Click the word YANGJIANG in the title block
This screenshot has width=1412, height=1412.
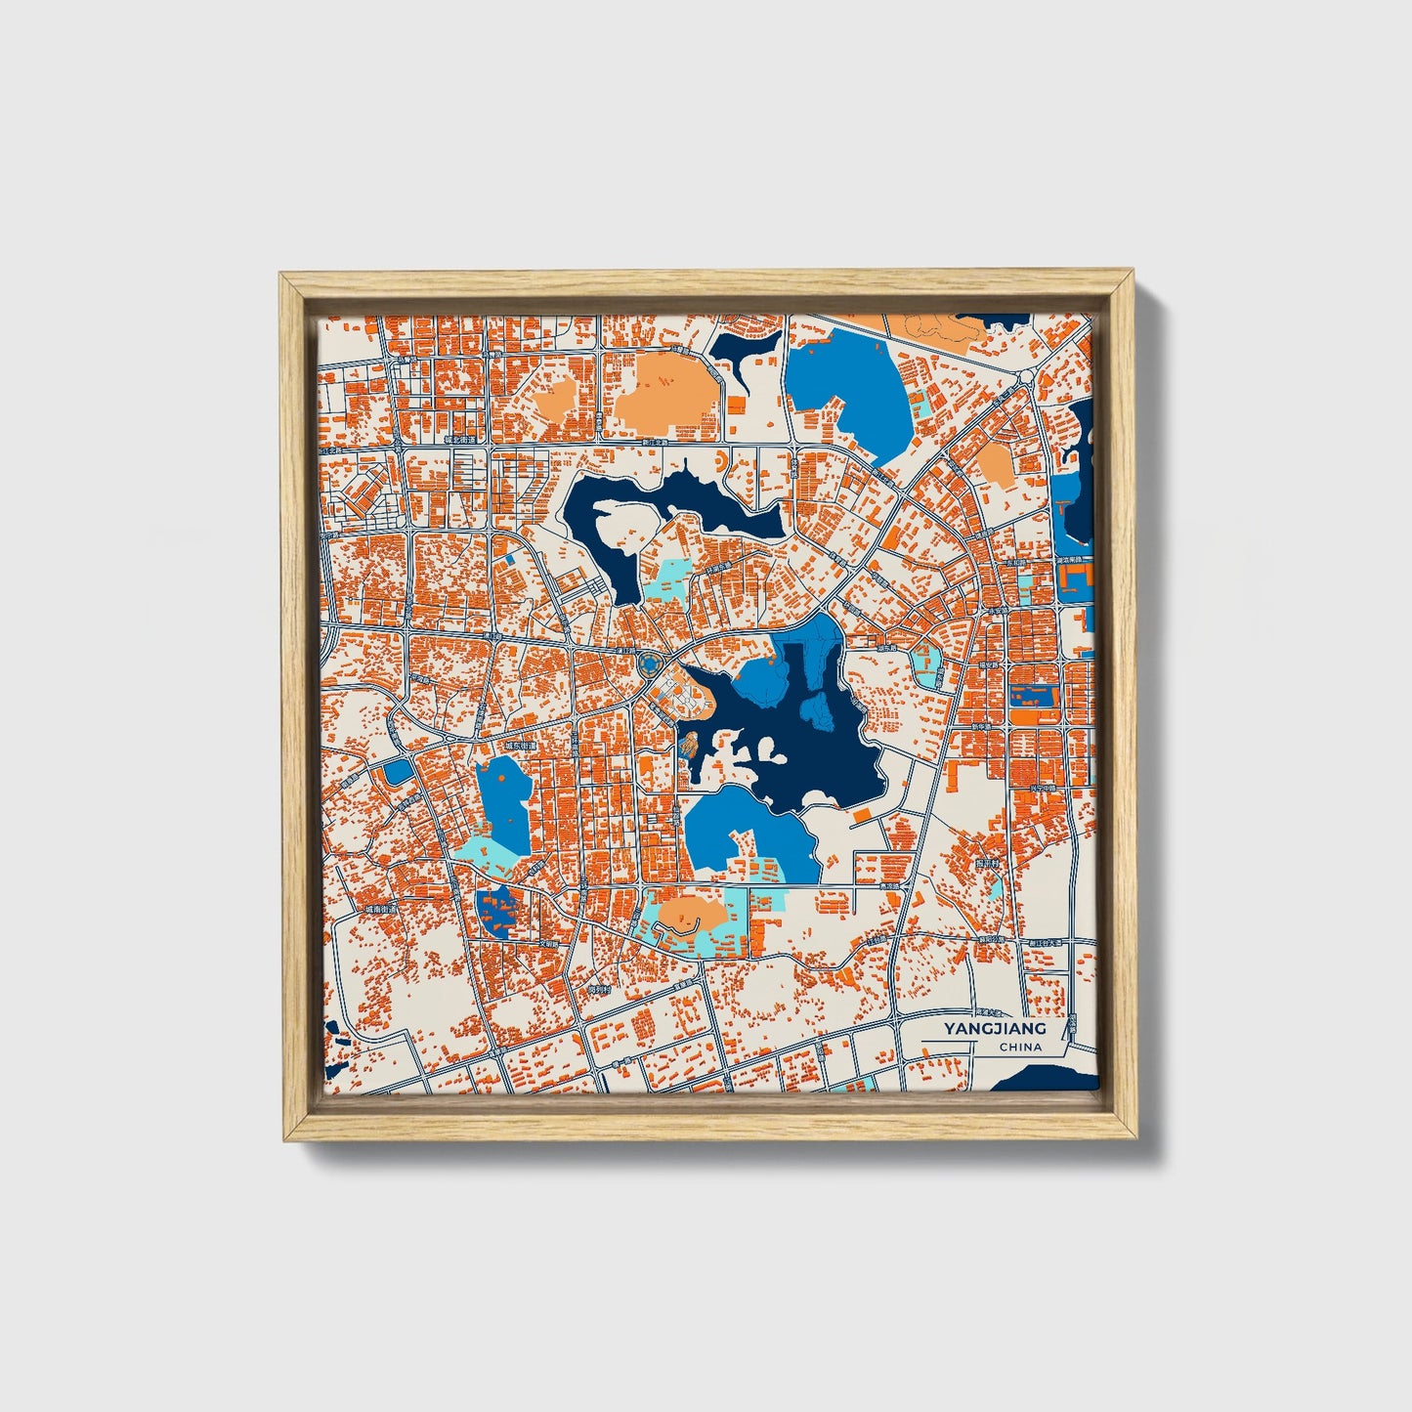(995, 1028)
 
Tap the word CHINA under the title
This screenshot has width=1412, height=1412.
(1020, 1048)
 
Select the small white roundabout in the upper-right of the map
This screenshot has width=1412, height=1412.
(1026, 376)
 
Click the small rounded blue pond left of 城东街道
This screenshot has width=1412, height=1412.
(398, 772)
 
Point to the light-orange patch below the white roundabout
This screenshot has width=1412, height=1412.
(997, 465)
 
